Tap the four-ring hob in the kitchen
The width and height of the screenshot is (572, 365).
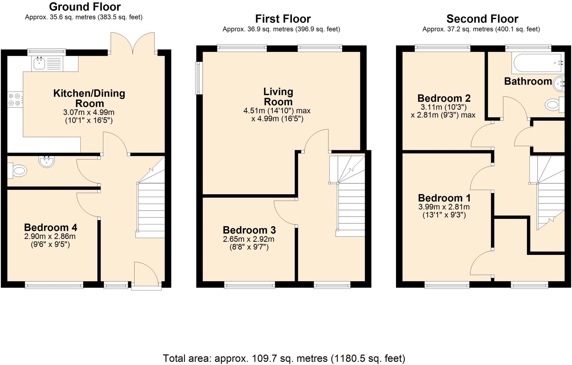click(x=15, y=99)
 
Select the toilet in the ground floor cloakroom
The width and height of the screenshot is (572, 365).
click(x=18, y=170)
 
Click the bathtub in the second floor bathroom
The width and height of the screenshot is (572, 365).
click(x=536, y=63)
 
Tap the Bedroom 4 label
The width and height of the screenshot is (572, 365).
click(x=51, y=227)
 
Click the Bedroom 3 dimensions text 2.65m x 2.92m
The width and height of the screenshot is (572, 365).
click(x=248, y=239)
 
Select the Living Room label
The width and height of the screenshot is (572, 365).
click(x=278, y=96)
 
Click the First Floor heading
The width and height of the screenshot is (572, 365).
click(x=283, y=19)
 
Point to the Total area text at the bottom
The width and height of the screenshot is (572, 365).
click(x=284, y=358)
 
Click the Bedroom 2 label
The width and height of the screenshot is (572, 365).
click(x=444, y=98)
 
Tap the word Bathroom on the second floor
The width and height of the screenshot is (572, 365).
click(x=528, y=81)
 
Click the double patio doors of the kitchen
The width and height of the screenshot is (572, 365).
click(x=133, y=43)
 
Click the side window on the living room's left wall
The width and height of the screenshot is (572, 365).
click(x=199, y=78)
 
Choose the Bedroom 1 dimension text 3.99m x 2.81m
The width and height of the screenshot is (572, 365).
click(x=444, y=207)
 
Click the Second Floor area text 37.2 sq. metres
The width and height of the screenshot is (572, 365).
click(x=481, y=29)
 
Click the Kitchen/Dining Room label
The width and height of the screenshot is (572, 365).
click(x=89, y=98)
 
